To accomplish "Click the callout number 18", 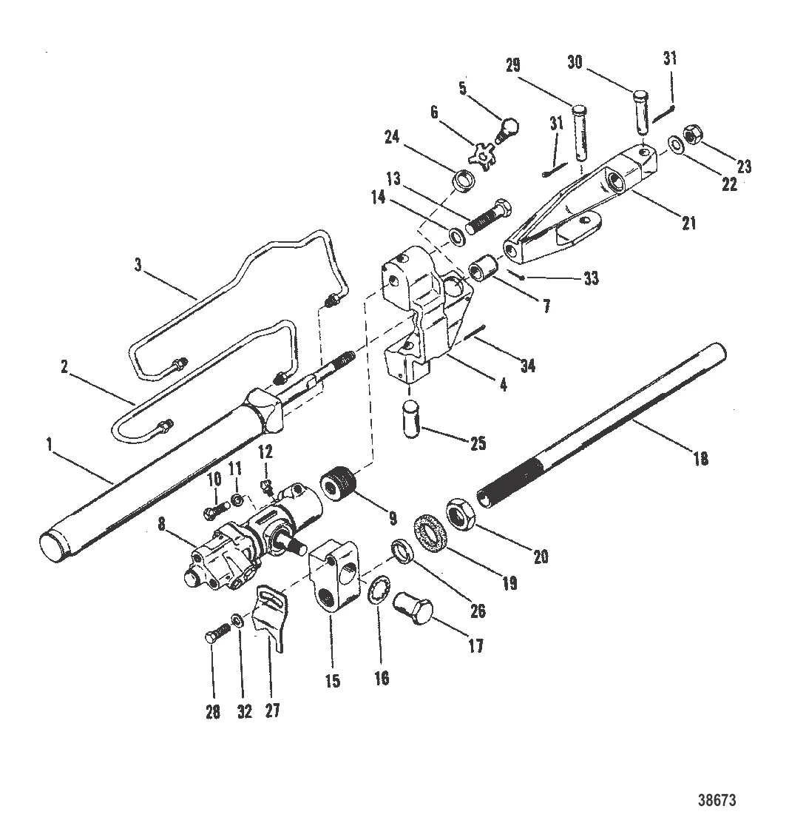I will click(x=700, y=459).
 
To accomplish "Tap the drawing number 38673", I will click(x=717, y=800).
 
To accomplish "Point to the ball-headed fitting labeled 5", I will click(x=485, y=132).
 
